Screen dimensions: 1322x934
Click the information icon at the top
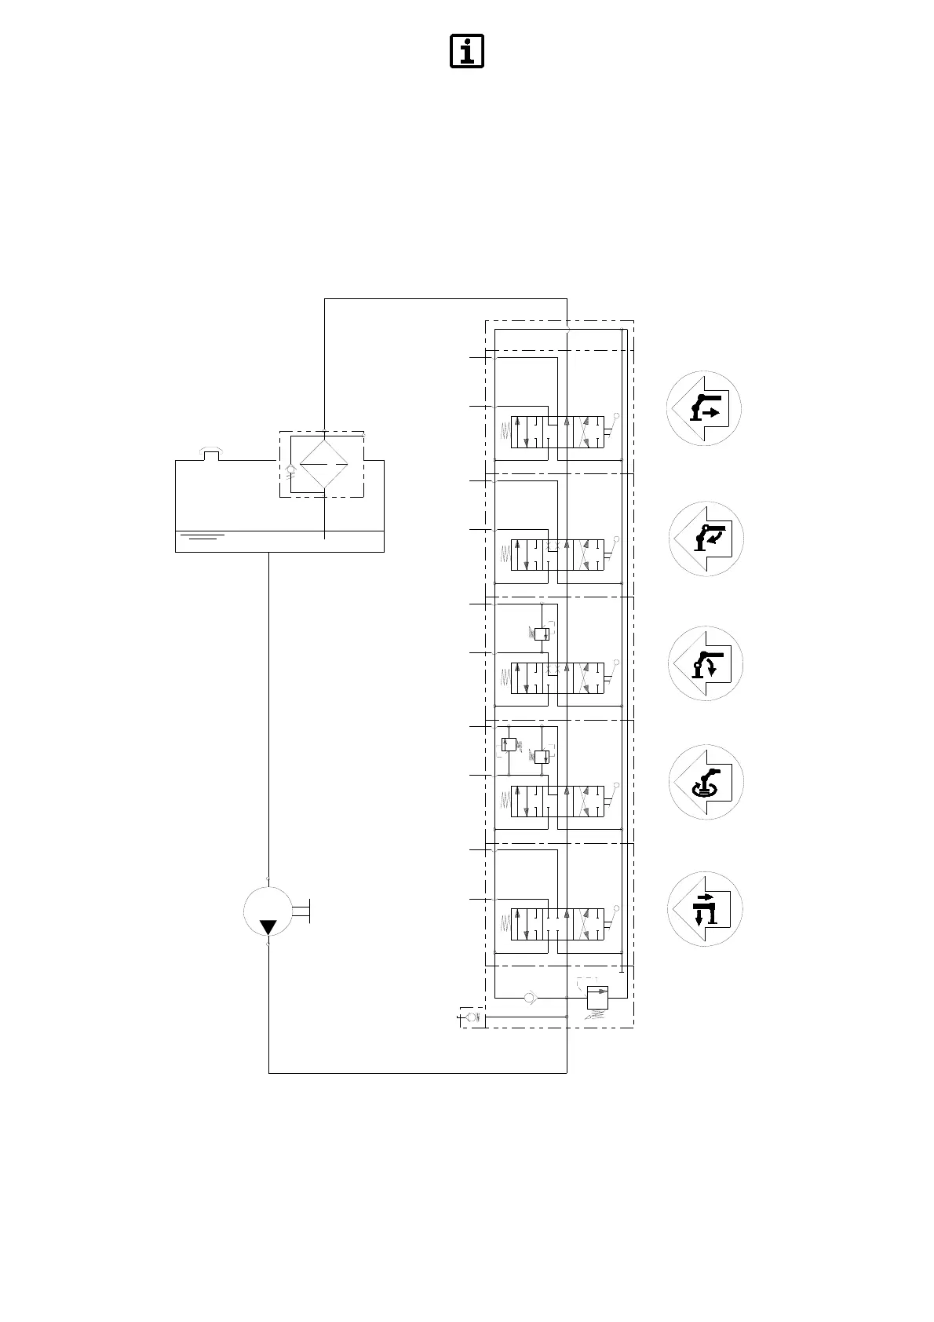tap(466, 52)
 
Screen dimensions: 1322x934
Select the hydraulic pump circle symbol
tap(268, 911)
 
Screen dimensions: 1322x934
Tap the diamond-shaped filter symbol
tap(324, 464)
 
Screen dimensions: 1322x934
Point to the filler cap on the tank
tap(210, 453)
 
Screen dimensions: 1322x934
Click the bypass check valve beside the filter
tap(291, 471)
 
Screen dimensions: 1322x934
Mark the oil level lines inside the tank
tap(202, 537)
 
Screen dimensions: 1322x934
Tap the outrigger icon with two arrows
tap(705, 909)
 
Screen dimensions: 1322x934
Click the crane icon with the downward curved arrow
tap(705, 664)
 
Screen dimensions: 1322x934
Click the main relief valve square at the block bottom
tap(598, 998)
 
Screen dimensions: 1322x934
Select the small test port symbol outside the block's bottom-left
tap(470, 1019)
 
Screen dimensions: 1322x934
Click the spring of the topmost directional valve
tap(505, 432)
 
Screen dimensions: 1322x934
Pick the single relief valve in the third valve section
tap(541, 634)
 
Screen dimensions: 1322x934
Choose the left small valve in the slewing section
tap(508, 744)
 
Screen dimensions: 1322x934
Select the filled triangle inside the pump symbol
tap(268, 927)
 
